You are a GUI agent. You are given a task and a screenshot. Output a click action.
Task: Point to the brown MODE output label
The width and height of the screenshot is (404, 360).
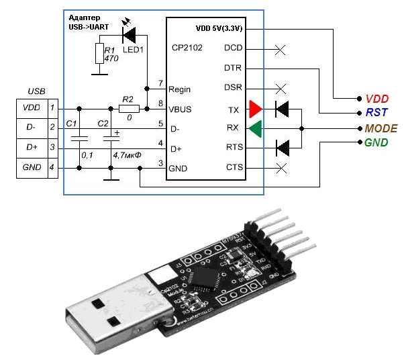[x=380, y=128]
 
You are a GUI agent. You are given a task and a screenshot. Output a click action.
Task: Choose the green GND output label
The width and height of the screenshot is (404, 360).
[x=376, y=142]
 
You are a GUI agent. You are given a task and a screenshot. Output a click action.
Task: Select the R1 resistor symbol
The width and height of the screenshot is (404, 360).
[x=99, y=54]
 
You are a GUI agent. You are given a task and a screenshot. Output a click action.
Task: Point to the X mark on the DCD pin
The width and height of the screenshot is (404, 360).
[x=281, y=49]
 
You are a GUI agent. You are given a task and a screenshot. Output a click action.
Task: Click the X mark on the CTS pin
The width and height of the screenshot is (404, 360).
[x=281, y=167]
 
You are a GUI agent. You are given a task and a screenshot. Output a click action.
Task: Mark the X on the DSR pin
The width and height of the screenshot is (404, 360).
[x=281, y=88]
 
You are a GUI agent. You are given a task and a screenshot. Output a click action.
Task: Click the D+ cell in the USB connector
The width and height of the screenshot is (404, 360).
[x=32, y=146]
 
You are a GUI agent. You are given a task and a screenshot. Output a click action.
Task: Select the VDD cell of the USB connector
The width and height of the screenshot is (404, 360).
[x=32, y=107]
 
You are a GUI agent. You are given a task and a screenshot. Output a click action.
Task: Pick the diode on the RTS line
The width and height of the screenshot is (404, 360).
[x=283, y=147]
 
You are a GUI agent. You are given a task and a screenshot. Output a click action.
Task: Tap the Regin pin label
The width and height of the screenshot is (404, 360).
[x=181, y=89]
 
